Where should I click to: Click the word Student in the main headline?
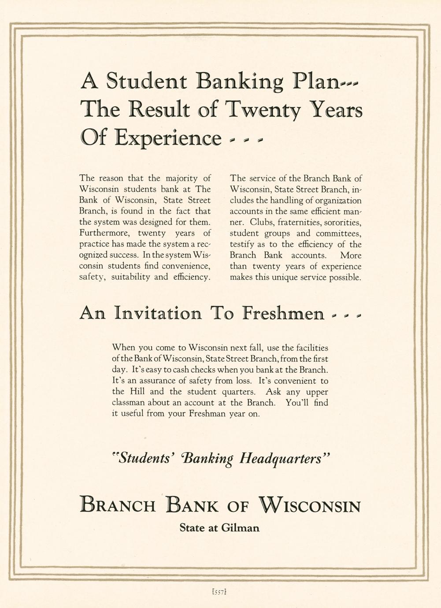pos(147,82)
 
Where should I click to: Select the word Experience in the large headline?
pos(168,138)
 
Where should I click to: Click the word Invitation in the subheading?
pos(158,313)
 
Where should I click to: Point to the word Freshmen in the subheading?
pos(283,313)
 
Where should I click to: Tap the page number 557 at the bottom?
pos(219,593)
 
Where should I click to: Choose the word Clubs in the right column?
pos(262,222)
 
